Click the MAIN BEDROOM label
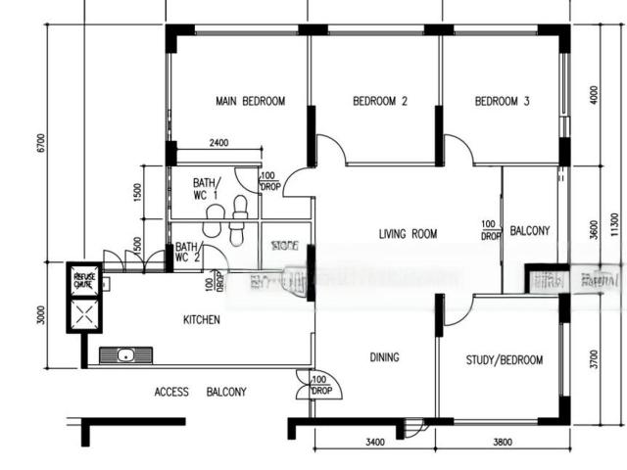click(x=250, y=102)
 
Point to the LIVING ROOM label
click(x=408, y=234)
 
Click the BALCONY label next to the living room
click(x=530, y=231)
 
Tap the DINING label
click(x=384, y=357)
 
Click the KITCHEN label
click(x=202, y=320)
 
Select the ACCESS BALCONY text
click(x=200, y=392)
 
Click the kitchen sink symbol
click(x=126, y=355)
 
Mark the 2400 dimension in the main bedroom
click(x=218, y=144)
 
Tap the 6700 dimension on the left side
click(x=40, y=143)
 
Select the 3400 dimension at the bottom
click(x=373, y=443)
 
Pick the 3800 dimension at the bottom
click(x=502, y=443)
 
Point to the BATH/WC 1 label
click(x=206, y=188)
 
